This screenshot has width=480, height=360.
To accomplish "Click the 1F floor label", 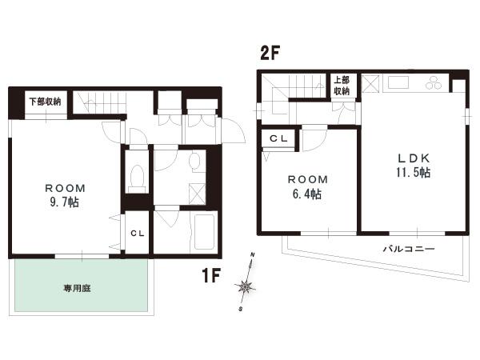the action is tap(211, 274).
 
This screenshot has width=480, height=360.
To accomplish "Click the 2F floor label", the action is tap(270, 53).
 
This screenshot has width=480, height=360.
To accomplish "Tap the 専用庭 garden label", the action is tap(77, 288).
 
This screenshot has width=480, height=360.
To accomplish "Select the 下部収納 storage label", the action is tap(46, 102).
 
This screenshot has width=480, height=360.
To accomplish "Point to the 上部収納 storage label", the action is tap(342, 86).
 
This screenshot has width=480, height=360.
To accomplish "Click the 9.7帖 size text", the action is tap(64, 202).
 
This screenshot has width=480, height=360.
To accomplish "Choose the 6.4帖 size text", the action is tap(307, 194).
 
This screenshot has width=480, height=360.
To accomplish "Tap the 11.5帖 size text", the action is tap(414, 172).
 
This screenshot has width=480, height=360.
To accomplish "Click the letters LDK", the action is tap(414, 158).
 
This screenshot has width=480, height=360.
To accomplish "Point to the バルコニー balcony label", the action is tap(409, 248).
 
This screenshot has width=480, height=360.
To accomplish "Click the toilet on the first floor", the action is tap(137, 178).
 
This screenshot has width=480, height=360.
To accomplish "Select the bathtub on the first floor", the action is tap(205, 232).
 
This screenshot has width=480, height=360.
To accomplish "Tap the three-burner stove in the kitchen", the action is tap(434, 82).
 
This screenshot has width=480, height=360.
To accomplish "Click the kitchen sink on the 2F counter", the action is tap(398, 82).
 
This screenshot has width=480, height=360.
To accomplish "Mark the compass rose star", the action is tap(246, 286).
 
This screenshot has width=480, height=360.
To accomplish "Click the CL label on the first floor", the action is tap(138, 234).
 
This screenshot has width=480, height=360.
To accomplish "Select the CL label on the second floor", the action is tap(278, 138).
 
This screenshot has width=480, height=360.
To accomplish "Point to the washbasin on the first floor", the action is tap(194, 160).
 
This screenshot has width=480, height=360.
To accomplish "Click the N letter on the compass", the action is tap(253, 254).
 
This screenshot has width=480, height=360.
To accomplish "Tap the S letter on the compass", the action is tap(241, 309).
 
